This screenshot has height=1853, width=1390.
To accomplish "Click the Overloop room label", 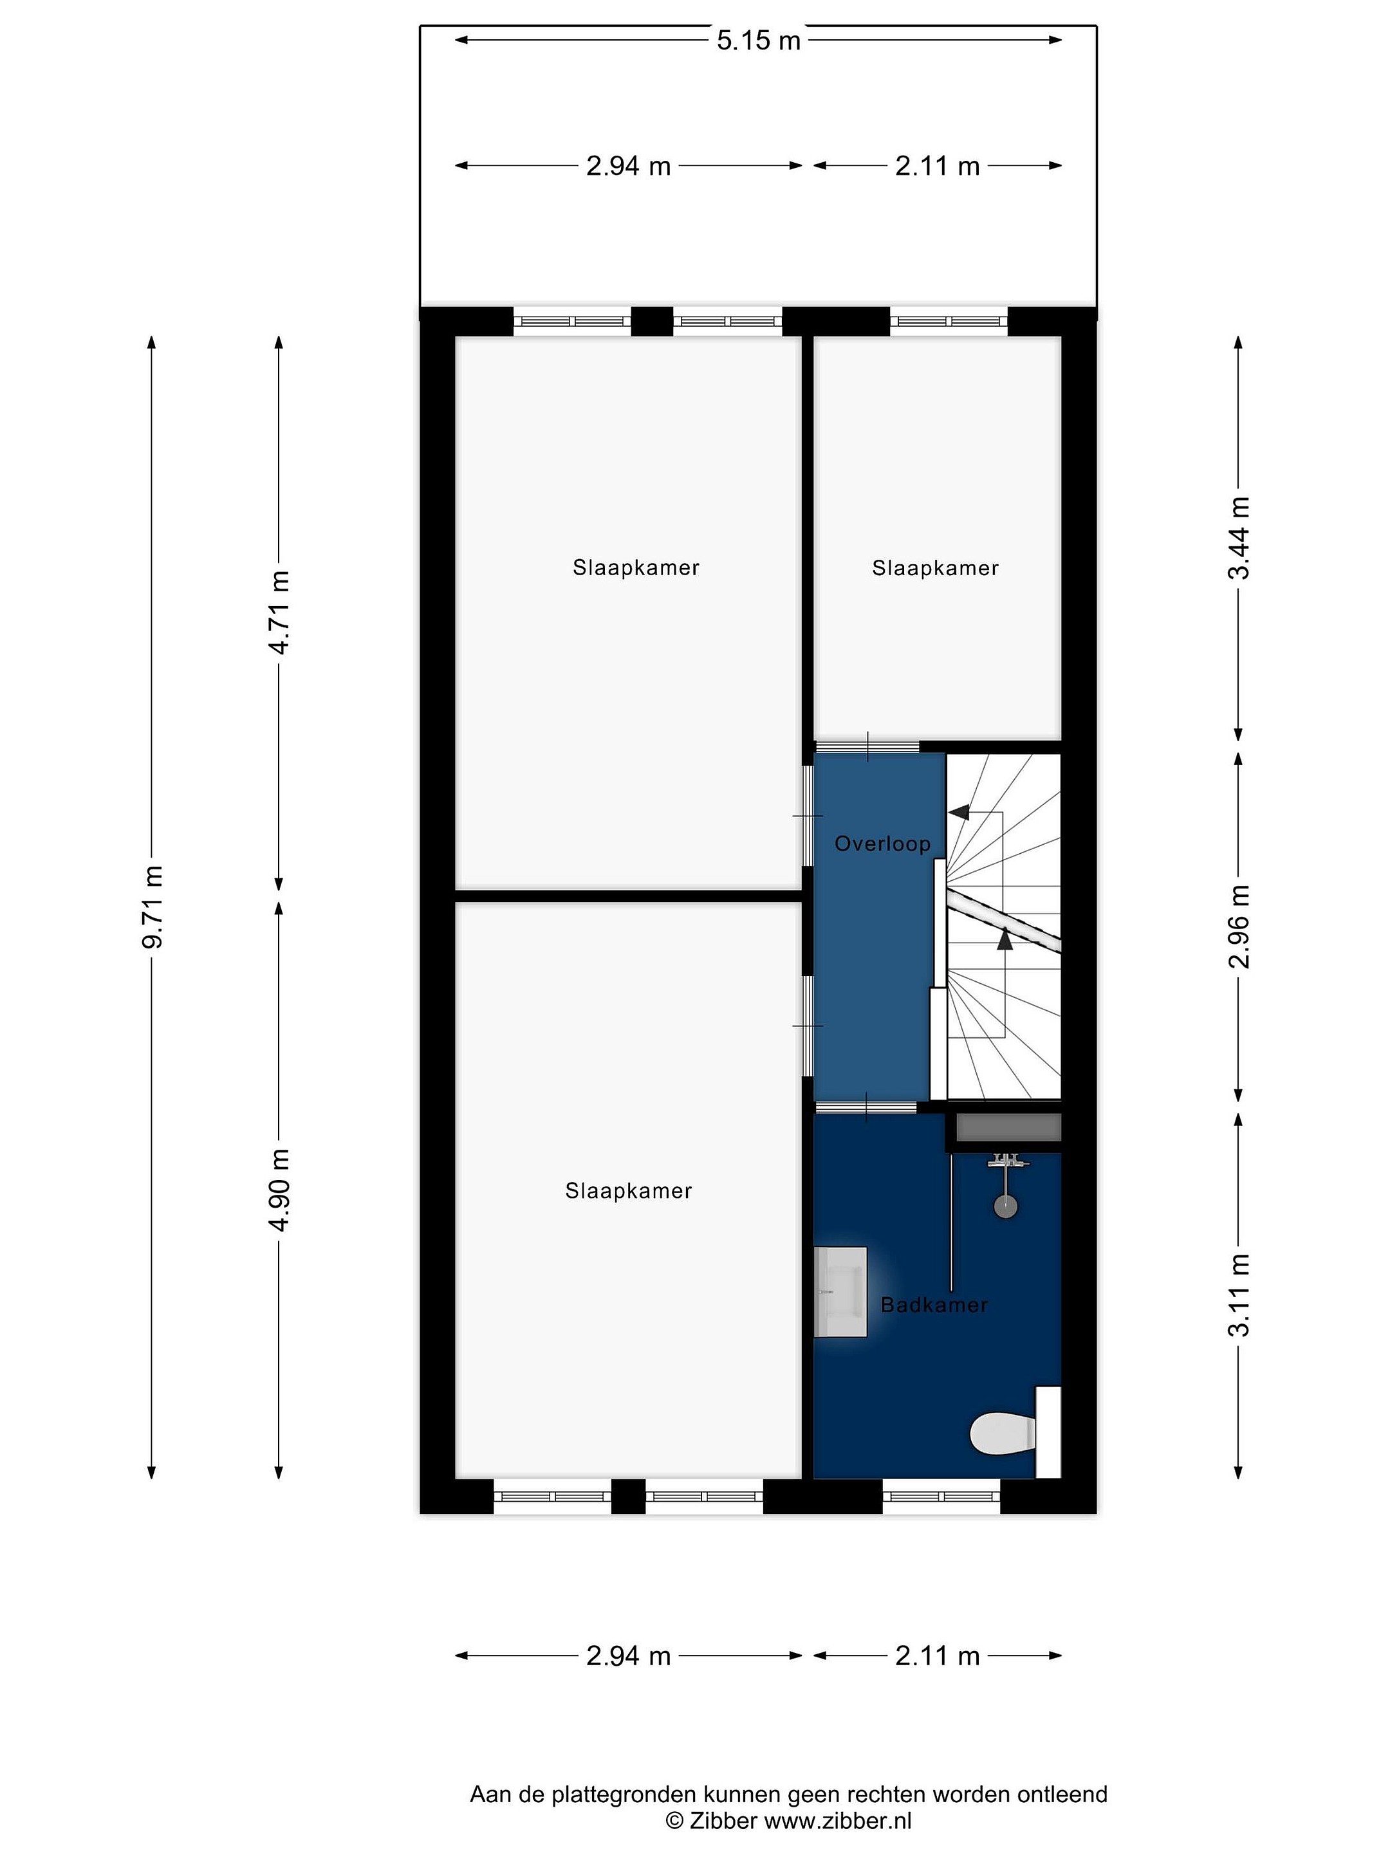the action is tap(882, 844).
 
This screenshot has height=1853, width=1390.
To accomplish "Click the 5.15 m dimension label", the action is tap(758, 40).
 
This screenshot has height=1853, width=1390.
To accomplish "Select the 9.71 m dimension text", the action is tap(153, 907).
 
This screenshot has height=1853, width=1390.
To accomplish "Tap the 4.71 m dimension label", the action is tap(279, 613).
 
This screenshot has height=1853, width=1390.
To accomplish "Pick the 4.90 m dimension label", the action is tap(279, 1190).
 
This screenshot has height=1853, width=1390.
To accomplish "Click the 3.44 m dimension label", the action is tap(1238, 538).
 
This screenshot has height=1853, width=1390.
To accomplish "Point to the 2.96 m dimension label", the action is tap(1238, 926).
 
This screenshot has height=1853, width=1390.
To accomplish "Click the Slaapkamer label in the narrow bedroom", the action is tap(935, 568).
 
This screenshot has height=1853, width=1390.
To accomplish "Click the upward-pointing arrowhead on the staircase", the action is tap(1005, 940).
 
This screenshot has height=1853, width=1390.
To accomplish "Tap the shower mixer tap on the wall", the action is tap(1005, 1162).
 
